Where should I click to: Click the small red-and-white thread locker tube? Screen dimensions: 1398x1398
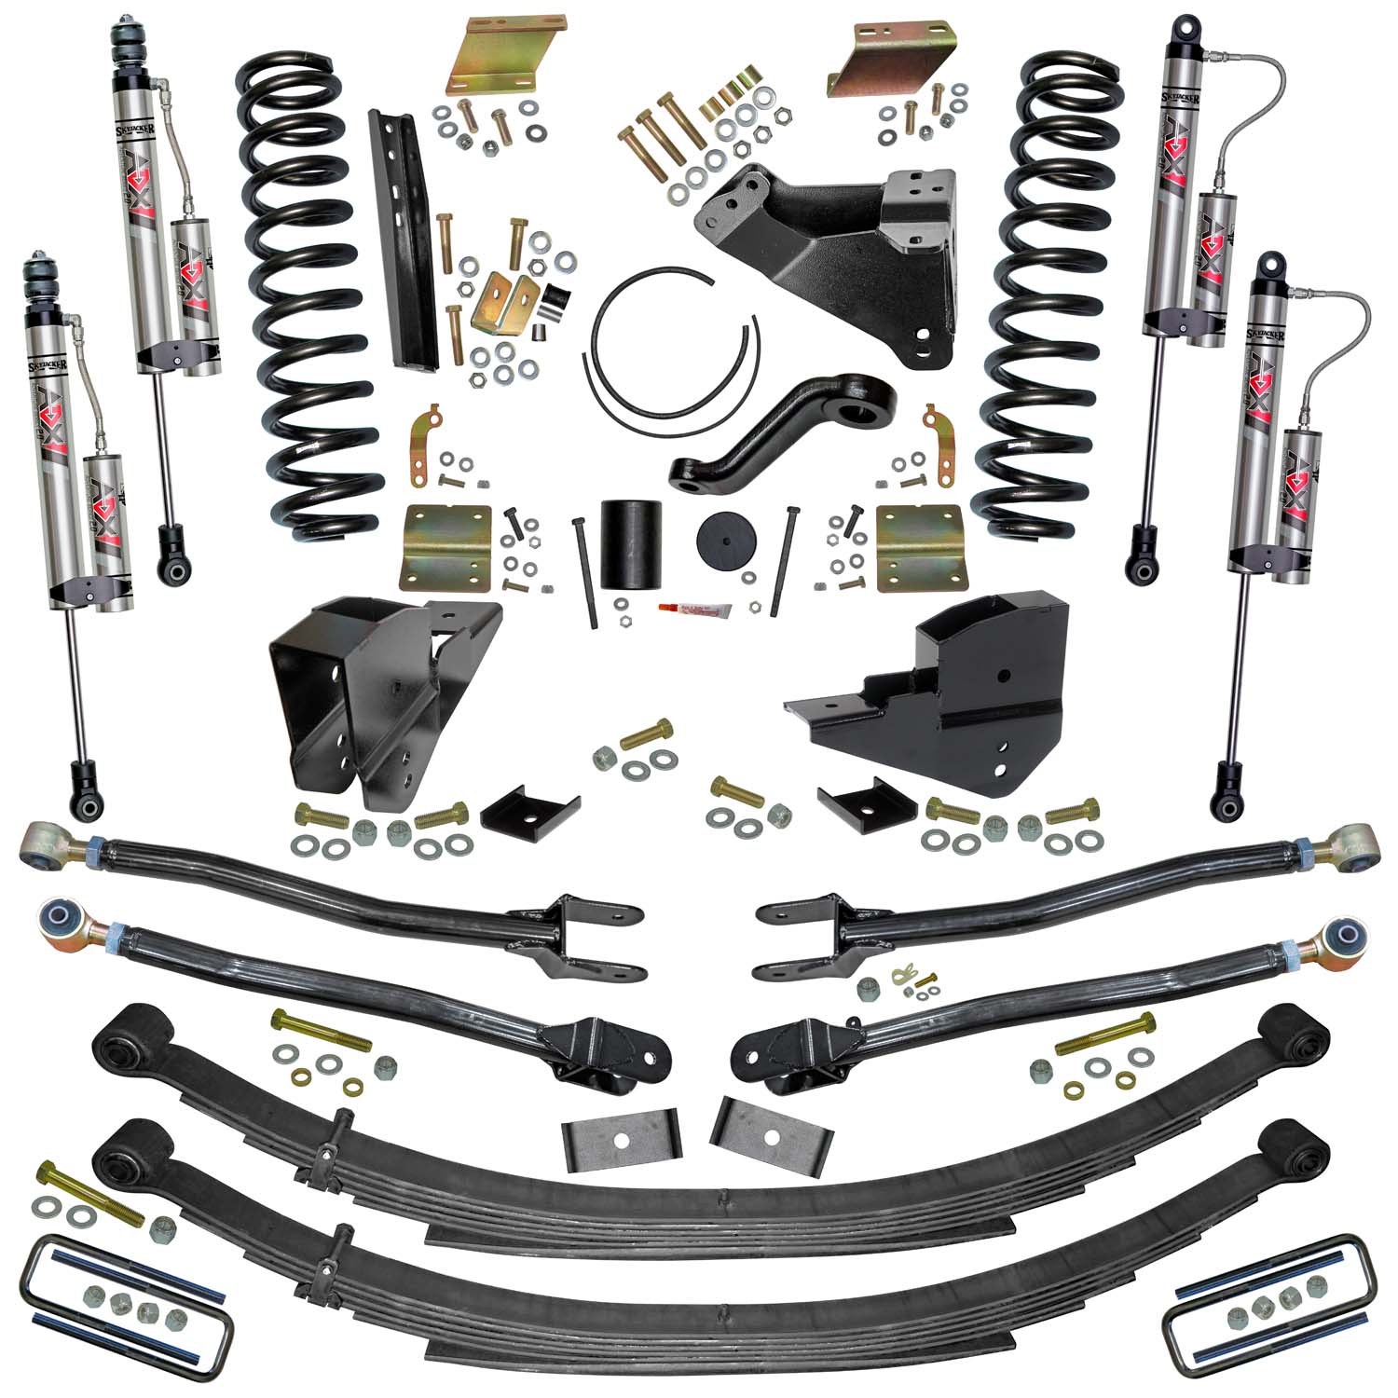click(x=691, y=610)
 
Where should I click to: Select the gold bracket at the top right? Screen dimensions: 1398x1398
click(x=896, y=55)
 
